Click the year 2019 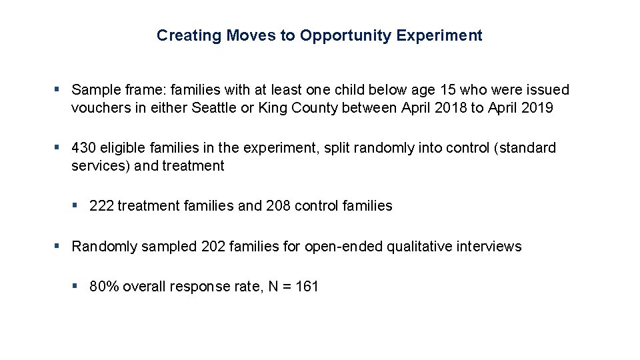coord(537,108)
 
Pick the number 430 coord(85,148)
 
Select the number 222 coord(101,206)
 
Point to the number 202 coord(213,247)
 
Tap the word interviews coord(489,247)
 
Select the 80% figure coord(103,287)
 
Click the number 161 coord(307,287)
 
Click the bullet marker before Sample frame coord(58,89)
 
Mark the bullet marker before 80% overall coord(76,286)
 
